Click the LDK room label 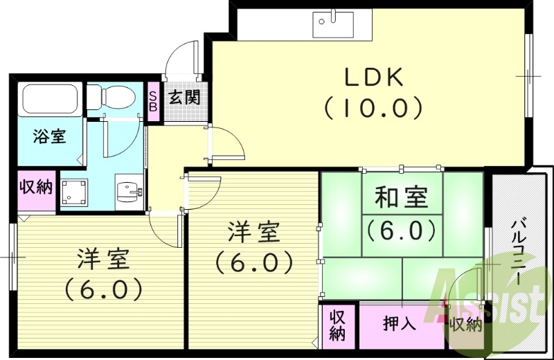click(x=373, y=78)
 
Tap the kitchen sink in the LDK click(x=332, y=24)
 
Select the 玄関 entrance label click(x=184, y=98)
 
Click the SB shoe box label click(x=152, y=102)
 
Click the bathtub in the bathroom click(x=49, y=100)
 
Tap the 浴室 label click(x=49, y=136)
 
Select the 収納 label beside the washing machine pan click(x=35, y=188)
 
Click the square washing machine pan click(x=74, y=192)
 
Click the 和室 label click(x=401, y=199)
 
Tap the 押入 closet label click(x=400, y=324)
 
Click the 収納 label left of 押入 click(x=337, y=324)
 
